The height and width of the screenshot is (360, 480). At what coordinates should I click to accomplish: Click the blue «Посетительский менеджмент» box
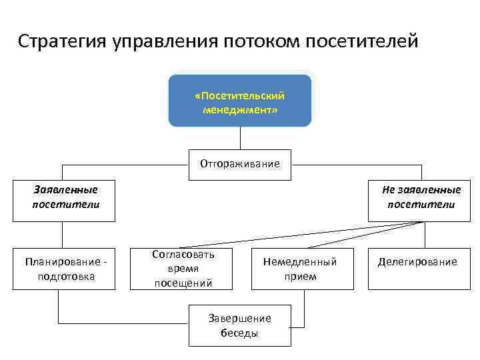coord(240,101)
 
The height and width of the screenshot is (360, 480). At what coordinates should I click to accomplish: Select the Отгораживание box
coord(240,165)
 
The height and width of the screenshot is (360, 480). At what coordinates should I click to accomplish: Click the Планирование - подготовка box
coord(64,269)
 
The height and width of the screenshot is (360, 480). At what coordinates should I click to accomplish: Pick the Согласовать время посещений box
coord(183,269)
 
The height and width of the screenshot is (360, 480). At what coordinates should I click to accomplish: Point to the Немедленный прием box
coord(300,269)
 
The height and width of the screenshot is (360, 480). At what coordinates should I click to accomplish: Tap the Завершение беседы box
coord(240,325)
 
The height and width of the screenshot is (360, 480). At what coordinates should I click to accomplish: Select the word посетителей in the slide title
coord(363,41)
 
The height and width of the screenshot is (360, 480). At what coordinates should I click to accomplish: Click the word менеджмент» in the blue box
coord(240,109)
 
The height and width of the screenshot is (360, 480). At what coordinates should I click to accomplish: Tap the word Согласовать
coord(183,255)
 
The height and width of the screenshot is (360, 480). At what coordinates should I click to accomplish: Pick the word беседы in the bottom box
coord(239,333)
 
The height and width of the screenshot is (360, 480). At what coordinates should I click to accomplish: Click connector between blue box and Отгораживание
coord(240,138)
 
